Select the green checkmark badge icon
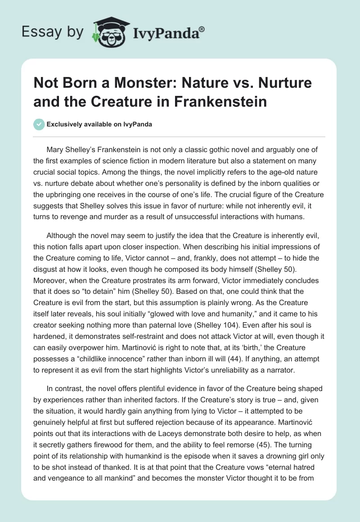39,125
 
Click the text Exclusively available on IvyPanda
99,125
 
